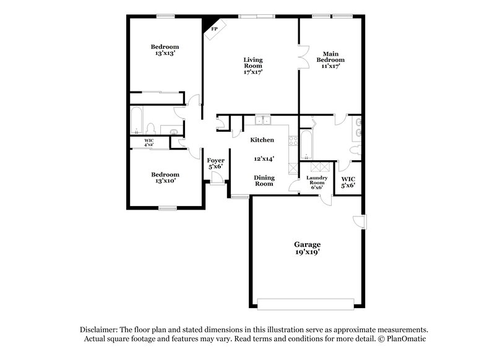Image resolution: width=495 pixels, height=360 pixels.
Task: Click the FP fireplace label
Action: (x=215, y=29)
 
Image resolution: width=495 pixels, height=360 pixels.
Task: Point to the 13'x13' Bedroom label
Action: (x=165, y=50)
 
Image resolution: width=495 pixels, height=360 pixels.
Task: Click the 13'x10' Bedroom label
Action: (x=165, y=178)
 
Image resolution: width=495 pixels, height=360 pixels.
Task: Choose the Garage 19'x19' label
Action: (x=307, y=248)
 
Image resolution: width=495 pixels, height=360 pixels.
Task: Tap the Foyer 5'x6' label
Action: (x=215, y=164)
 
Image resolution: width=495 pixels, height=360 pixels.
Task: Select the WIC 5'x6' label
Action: (x=348, y=182)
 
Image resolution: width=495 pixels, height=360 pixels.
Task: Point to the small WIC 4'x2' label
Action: (x=149, y=143)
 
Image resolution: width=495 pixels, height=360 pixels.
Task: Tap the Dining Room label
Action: (x=264, y=180)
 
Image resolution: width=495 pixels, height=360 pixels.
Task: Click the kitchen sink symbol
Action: (x=264, y=119)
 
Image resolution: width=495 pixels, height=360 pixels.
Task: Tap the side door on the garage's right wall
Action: (x=359, y=221)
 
